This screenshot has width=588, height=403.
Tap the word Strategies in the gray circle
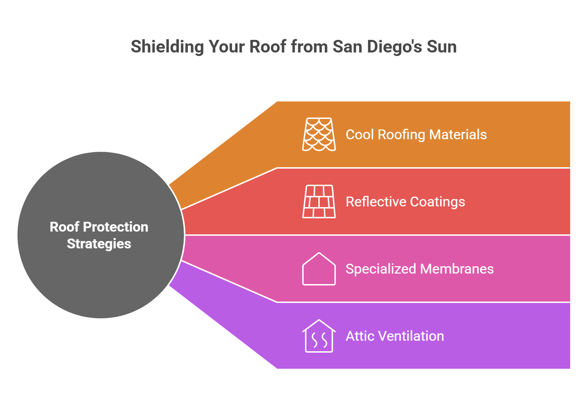click(99, 244)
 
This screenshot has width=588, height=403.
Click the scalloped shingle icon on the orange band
click(319, 134)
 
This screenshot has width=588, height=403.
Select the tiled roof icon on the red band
click(319, 201)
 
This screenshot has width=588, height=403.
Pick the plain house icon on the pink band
click(319, 269)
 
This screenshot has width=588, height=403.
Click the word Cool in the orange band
click(360, 135)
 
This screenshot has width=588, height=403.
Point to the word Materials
click(458, 135)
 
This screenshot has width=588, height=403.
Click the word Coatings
click(437, 202)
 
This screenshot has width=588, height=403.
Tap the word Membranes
click(457, 269)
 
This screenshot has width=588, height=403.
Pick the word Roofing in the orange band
click(401, 135)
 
